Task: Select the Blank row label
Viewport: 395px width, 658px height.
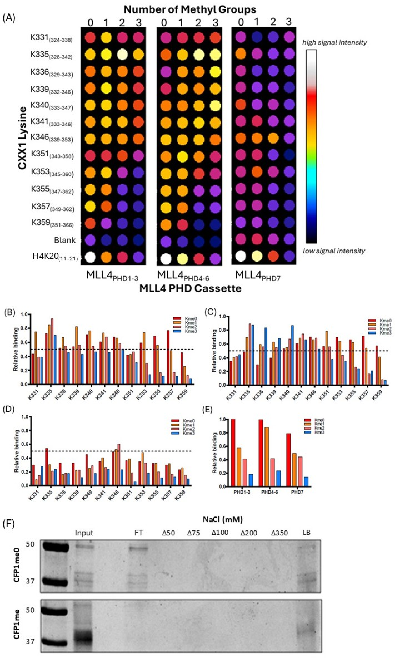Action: coord(65,240)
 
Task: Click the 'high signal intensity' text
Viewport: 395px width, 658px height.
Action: coord(334,42)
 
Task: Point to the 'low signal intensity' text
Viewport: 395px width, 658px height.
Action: coord(334,251)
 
